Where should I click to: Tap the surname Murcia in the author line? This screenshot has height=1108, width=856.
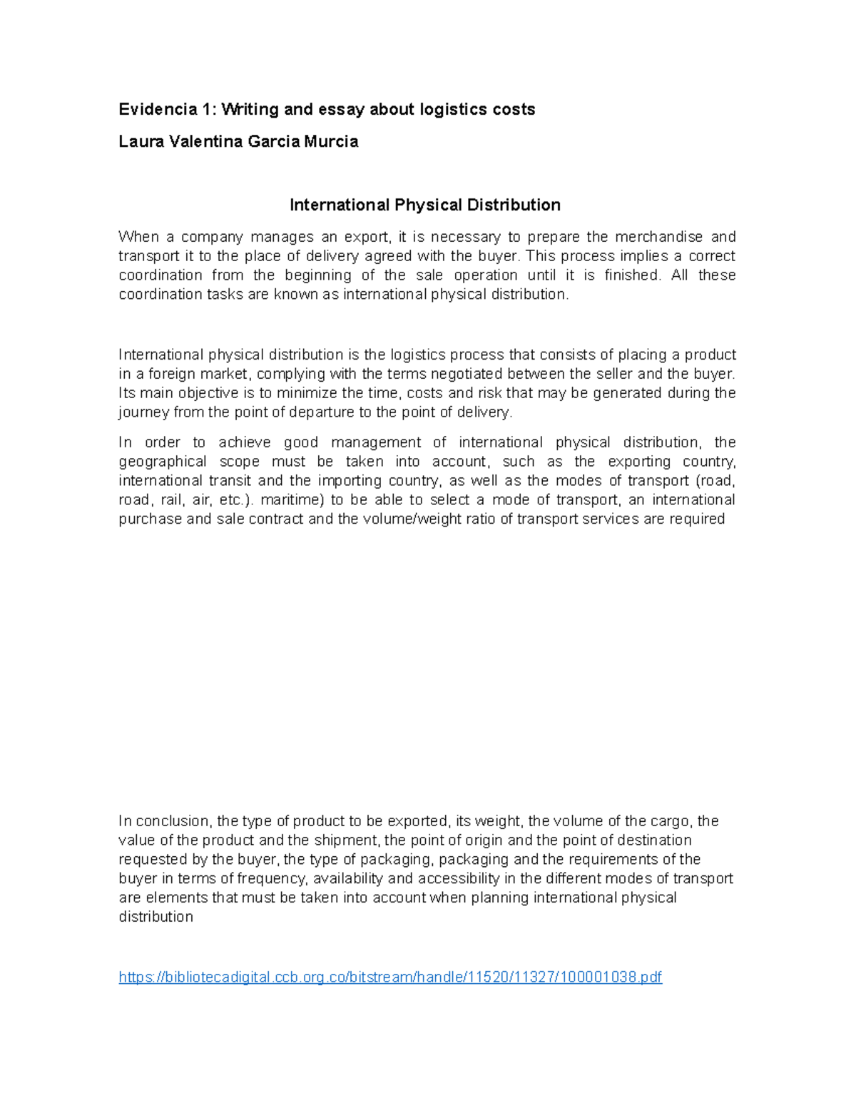tap(331, 141)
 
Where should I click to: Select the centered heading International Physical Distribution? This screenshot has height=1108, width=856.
tap(424, 205)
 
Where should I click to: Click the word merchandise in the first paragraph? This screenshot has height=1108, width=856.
tap(658, 237)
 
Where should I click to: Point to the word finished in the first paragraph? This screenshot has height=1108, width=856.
tap(632, 275)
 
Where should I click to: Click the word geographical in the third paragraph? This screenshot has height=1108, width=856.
tap(163, 462)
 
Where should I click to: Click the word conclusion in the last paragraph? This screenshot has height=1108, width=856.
tap(172, 821)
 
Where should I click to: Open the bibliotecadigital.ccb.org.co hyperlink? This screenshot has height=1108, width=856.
tap(390, 977)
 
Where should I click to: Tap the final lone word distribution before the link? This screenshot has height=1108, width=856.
tap(156, 918)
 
